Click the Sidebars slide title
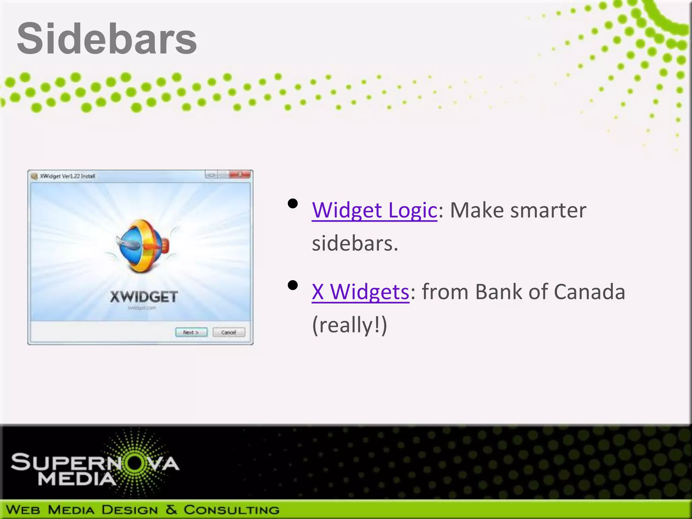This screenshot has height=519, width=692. (107, 38)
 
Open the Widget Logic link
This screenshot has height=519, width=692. (374, 210)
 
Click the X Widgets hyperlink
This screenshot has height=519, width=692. (360, 292)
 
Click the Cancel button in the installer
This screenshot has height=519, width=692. (229, 332)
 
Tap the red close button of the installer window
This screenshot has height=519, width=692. (240, 175)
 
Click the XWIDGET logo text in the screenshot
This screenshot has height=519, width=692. (144, 297)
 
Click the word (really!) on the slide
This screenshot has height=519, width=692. (349, 325)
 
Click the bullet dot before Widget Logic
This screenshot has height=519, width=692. (293, 203)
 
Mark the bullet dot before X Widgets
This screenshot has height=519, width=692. (293, 285)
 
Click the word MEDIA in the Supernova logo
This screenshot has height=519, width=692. (77, 479)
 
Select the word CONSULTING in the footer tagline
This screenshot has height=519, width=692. (231, 510)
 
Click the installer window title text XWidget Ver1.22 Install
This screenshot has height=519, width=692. (68, 176)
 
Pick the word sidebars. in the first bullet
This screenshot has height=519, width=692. (355, 243)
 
